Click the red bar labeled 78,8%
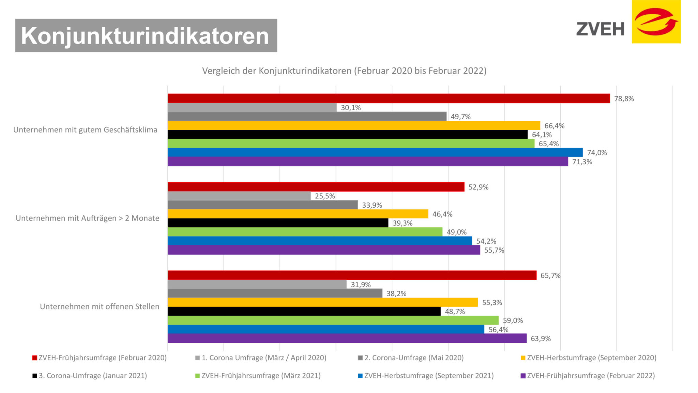[x=389, y=99]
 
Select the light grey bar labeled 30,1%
[x=252, y=108]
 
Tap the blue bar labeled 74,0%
[x=375, y=152]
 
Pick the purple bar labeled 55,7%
[x=324, y=250]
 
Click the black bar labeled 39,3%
[x=278, y=223]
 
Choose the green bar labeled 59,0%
[x=333, y=320]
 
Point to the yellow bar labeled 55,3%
[x=322, y=302]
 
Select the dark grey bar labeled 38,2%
[x=275, y=293]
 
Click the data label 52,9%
[x=478, y=187]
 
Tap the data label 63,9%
[x=541, y=338]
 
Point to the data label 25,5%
[x=325, y=196]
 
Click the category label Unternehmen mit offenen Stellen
[x=100, y=306]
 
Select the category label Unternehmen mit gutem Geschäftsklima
[x=85, y=130]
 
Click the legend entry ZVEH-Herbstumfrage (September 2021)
[x=429, y=376]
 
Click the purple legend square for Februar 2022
[x=523, y=376]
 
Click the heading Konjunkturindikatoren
[x=146, y=35]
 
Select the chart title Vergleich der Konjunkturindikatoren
[x=344, y=71]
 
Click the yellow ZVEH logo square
[x=656, y=22]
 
